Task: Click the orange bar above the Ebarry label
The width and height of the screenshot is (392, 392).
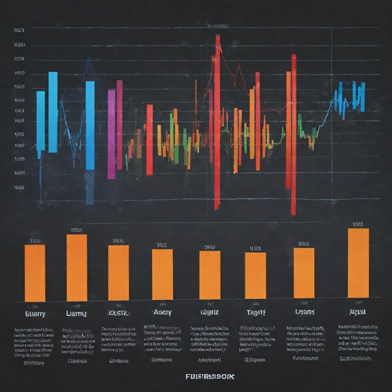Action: click(35, 273)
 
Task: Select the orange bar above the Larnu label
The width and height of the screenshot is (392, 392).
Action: click(77, 268)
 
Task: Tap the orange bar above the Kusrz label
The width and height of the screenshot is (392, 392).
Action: click(118, 273)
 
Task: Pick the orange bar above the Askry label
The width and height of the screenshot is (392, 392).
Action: click(162, 274)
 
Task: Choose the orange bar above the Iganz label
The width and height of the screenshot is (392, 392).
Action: click(210, 275)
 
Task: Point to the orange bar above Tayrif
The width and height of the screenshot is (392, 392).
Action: click(255, 276)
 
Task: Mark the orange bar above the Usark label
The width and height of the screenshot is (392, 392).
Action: click(304, 273)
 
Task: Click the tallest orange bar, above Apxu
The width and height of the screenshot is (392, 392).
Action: click(358, 263)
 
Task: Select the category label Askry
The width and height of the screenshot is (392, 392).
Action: click(162, 312)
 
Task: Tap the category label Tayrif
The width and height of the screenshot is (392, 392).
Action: click(255, 312)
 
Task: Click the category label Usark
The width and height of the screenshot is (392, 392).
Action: click(304, 311)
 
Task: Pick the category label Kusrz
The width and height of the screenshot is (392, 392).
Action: click(118, 312)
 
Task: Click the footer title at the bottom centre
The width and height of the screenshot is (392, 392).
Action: click(210, 377)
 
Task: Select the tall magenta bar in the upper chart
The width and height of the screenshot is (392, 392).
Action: click(111, 134)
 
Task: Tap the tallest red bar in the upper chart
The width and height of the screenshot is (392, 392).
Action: click(217, 122)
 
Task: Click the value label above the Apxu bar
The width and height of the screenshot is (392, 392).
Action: click(358, 224)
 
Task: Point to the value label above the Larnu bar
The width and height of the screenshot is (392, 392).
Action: click(77, 230)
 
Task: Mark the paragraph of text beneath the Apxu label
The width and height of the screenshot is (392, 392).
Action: click(358, 338)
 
